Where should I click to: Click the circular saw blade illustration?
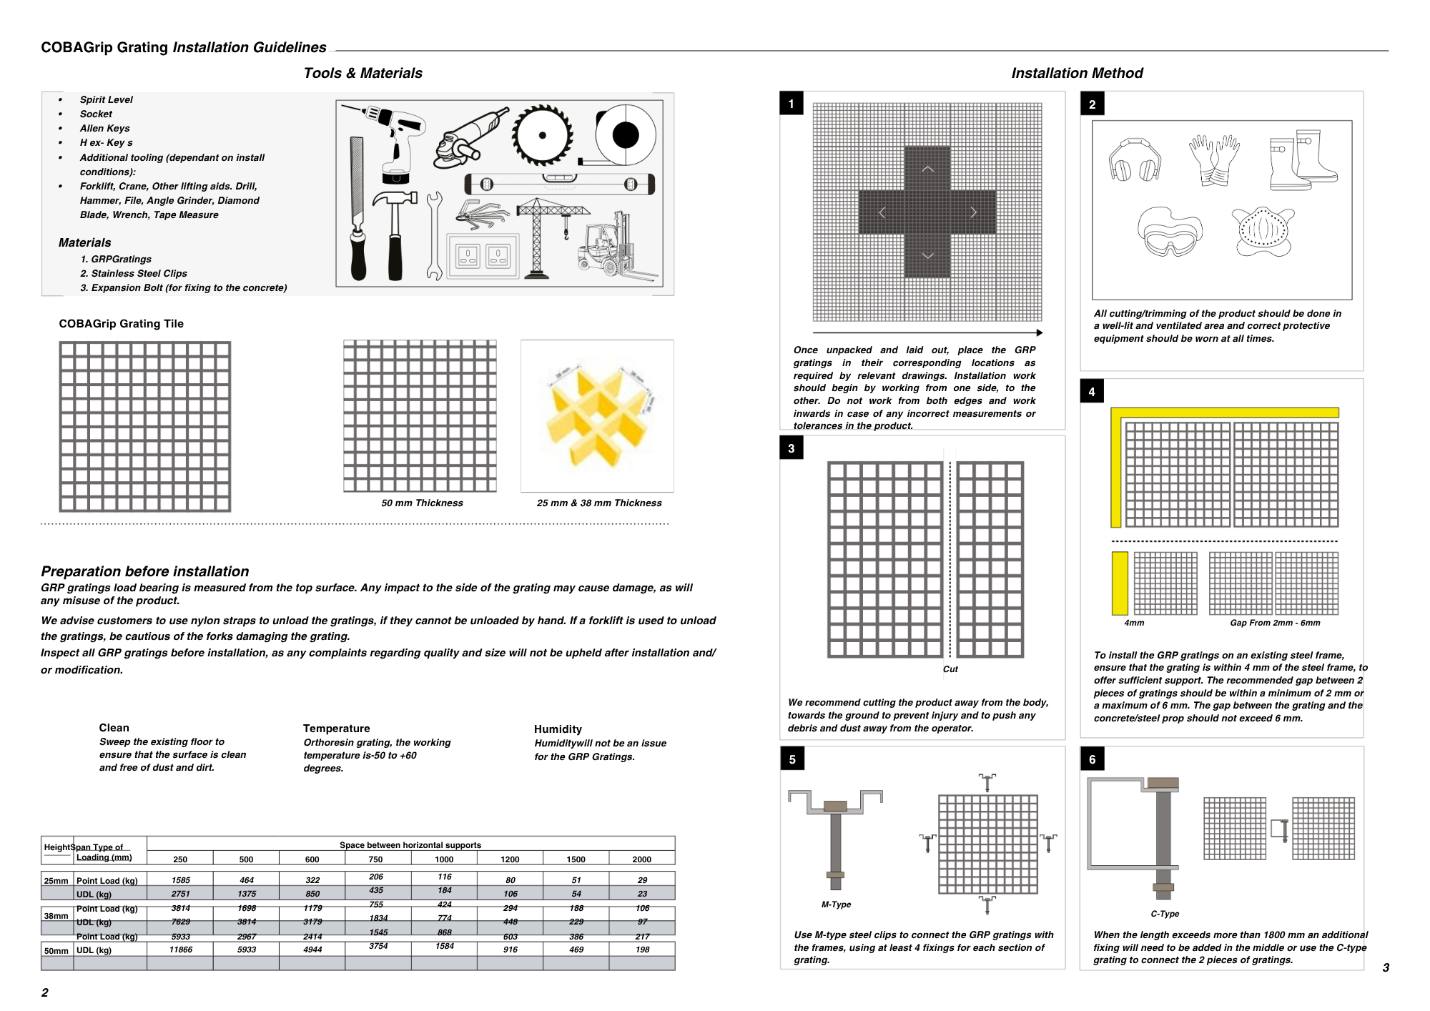(x=543, y=135)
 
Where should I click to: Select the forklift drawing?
(x=612, y=247)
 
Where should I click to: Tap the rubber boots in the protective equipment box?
(x=1302, y=160)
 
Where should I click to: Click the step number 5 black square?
(x=792, y=759)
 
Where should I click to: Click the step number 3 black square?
(x=792, y=448)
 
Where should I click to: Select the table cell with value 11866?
(x=180, y=950)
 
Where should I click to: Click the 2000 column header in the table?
(x=641, y=859)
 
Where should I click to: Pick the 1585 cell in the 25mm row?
(x=180, y=880)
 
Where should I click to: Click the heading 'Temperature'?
(x=336, y=729)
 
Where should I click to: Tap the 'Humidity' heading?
(x=558, y=729)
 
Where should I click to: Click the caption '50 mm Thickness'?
(x=422, y=503)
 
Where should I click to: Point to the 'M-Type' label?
(x=836, y=904)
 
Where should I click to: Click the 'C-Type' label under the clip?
(x=1165, y=914)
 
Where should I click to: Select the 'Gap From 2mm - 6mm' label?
(x=1275, y=623)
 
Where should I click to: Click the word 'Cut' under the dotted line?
(x=950, y=669)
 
